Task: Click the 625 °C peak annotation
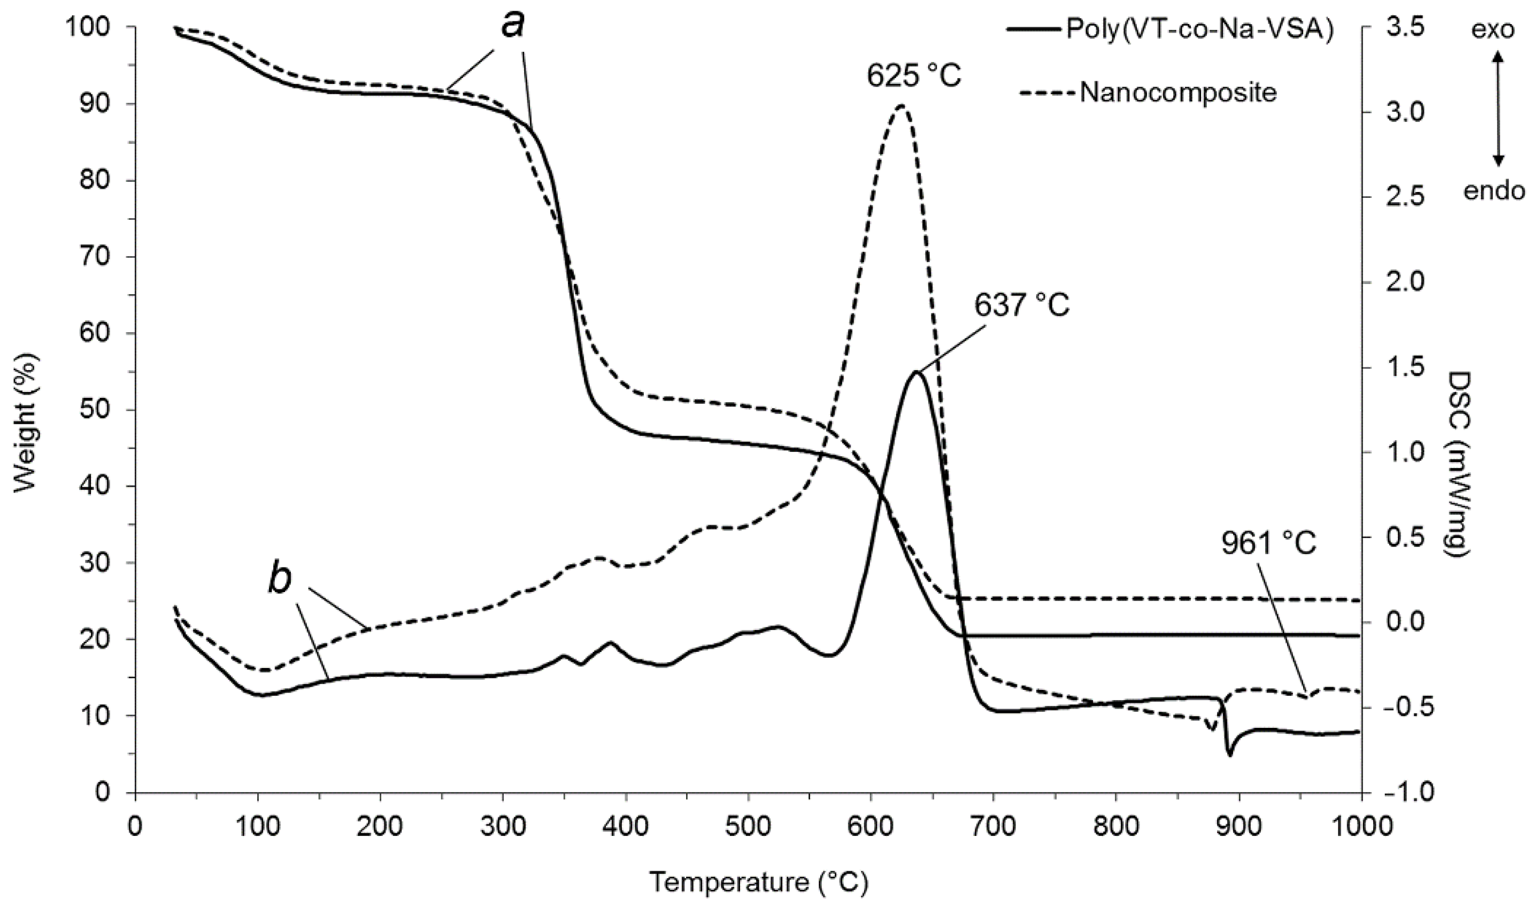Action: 913,76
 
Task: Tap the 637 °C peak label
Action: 1021,304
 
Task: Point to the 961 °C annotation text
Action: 1268,543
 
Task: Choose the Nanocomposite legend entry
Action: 1178,93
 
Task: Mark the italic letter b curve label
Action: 280,581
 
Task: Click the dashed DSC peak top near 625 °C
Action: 901,106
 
